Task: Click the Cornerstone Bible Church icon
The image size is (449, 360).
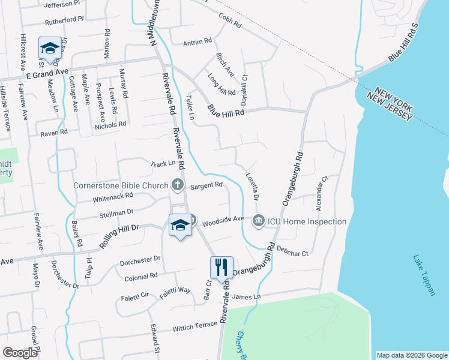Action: click(x=177, y=185)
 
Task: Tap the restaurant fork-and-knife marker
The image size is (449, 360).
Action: click(x=221, y=267)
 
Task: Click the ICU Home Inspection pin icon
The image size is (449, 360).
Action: click(x=259, y=221)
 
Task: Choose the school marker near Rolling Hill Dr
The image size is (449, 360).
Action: click(x=179, y=225)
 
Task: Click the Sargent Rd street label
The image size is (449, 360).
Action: click(x=208, y=186)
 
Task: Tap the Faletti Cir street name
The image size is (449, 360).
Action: click(x=136, y=295)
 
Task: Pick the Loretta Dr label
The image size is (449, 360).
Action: click(x=252, y=187)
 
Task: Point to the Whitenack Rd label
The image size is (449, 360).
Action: click(x=112, y=197)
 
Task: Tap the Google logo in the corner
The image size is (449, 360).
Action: click(x=20, y=353)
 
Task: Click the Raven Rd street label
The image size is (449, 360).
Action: click(x=54, y=133)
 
